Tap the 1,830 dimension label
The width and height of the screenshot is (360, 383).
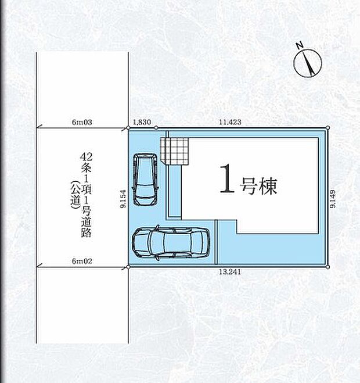142,122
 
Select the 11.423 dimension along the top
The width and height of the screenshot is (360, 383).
230,122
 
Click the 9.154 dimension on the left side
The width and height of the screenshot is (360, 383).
123,198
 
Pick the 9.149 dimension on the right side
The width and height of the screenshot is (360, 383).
333,198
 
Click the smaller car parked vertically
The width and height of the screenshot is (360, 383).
145,179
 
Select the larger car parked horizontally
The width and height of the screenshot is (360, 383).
171,241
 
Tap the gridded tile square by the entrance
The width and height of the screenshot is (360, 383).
175,151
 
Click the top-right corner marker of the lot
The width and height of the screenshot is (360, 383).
329,127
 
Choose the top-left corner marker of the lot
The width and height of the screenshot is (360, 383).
128,127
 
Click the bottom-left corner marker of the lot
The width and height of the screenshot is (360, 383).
128,267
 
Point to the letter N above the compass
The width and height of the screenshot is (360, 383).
299,45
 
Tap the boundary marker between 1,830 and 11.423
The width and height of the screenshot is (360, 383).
156,127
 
